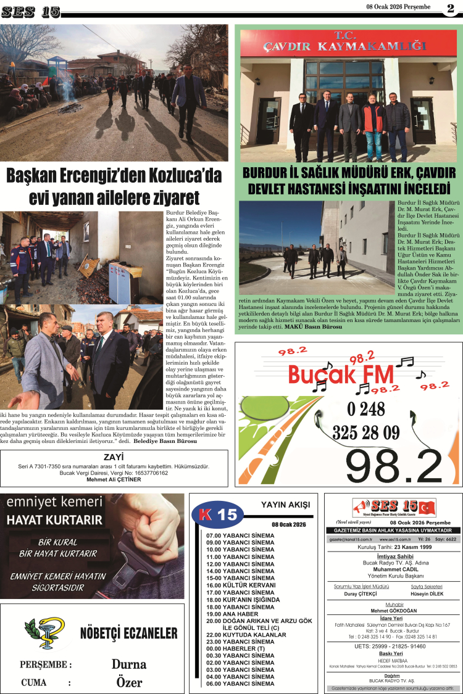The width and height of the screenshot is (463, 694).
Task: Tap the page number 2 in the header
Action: click(451, 8)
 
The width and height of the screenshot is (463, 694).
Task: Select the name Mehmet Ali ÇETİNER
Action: click(114, 479)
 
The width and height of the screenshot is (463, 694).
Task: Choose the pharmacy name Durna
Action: click(129, 664)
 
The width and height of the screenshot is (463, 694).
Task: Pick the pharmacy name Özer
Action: click(129, 682)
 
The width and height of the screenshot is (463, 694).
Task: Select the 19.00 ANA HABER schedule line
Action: click(233, 614)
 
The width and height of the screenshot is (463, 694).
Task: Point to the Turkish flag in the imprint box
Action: click(426, 508)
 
